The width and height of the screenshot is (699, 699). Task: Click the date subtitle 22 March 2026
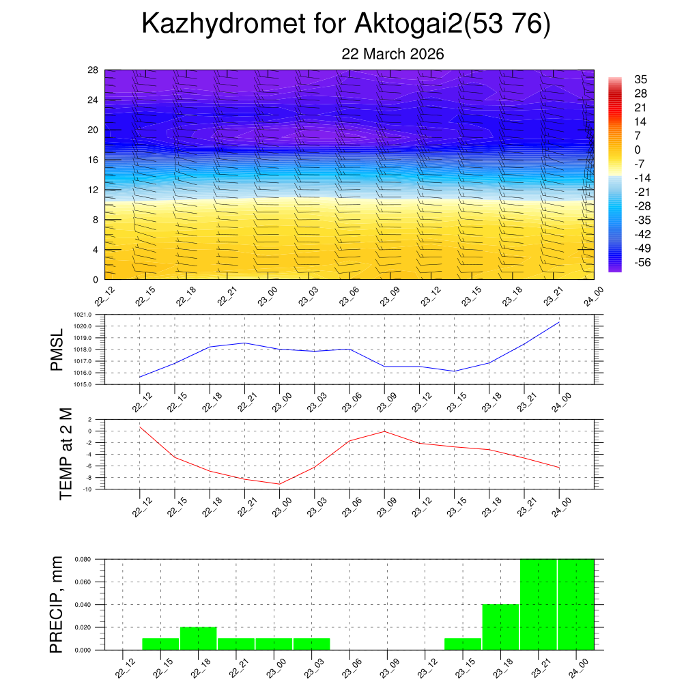[393, 54]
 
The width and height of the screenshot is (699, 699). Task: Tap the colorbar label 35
[640, 79]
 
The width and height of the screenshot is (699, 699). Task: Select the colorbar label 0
[638, 150]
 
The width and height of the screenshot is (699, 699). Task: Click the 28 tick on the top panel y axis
[93, 70]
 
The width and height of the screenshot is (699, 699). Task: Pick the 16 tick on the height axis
[93, 160]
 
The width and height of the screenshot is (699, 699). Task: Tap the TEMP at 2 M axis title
[66, 454]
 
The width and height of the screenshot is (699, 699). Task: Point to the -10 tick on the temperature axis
[89, 489]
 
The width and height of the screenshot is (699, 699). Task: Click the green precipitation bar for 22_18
[199, 639]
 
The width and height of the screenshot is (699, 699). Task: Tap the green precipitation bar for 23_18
[501, 627]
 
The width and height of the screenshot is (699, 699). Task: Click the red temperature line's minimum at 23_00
[279, 484]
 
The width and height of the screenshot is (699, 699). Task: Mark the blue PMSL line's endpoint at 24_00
[560, 322]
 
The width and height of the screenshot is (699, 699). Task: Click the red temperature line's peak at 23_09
[384, 431]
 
